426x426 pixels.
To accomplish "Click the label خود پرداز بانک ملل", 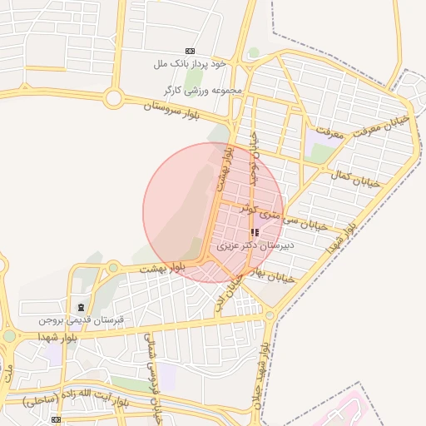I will click(x=179, y=63).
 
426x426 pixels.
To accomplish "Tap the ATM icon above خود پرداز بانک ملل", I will click(x=191, y=51).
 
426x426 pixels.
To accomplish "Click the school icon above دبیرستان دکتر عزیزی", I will click(x=254, y=233).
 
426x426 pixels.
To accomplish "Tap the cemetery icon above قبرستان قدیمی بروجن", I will click(x=80, y=307).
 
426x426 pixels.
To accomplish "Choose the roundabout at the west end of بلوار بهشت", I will click(x=112, y=267).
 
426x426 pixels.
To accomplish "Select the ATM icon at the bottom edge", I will click(x=56, y=421).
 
